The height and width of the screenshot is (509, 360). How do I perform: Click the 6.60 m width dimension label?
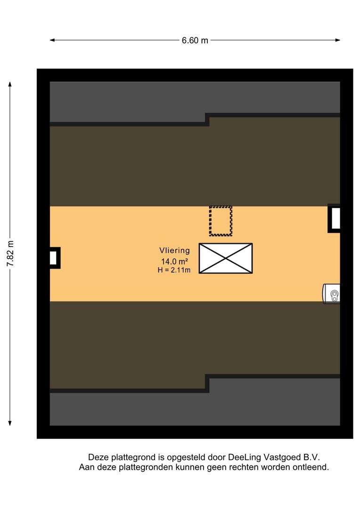195,40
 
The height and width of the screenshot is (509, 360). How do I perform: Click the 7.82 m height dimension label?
10,254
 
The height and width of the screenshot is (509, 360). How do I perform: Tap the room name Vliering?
174,250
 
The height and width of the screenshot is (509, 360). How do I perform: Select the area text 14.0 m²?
174,261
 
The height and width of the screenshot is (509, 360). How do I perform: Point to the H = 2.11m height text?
174,270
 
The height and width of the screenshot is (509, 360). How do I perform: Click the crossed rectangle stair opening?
226,258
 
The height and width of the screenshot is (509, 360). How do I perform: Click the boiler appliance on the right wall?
331,294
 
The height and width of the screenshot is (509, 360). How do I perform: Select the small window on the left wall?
54,258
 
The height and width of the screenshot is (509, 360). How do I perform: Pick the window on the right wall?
335,219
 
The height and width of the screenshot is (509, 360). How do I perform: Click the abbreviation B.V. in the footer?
311,457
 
